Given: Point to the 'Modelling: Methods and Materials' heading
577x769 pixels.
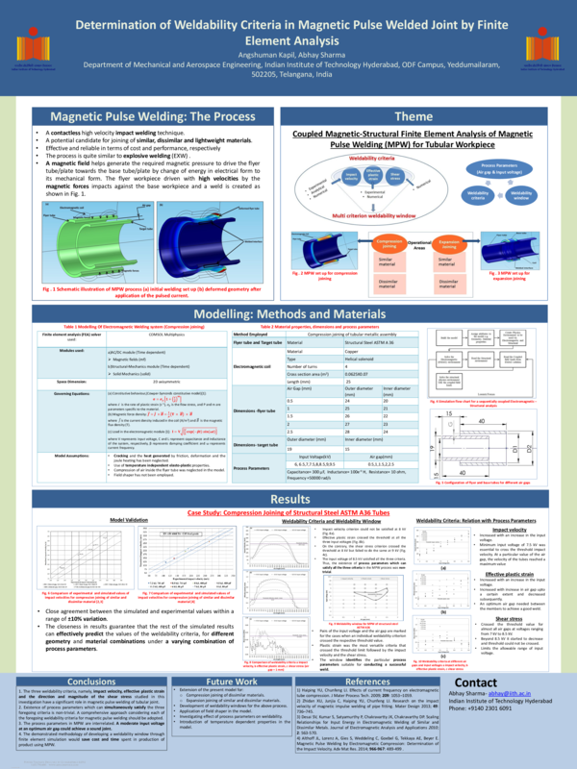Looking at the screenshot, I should (x=288, y=314).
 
